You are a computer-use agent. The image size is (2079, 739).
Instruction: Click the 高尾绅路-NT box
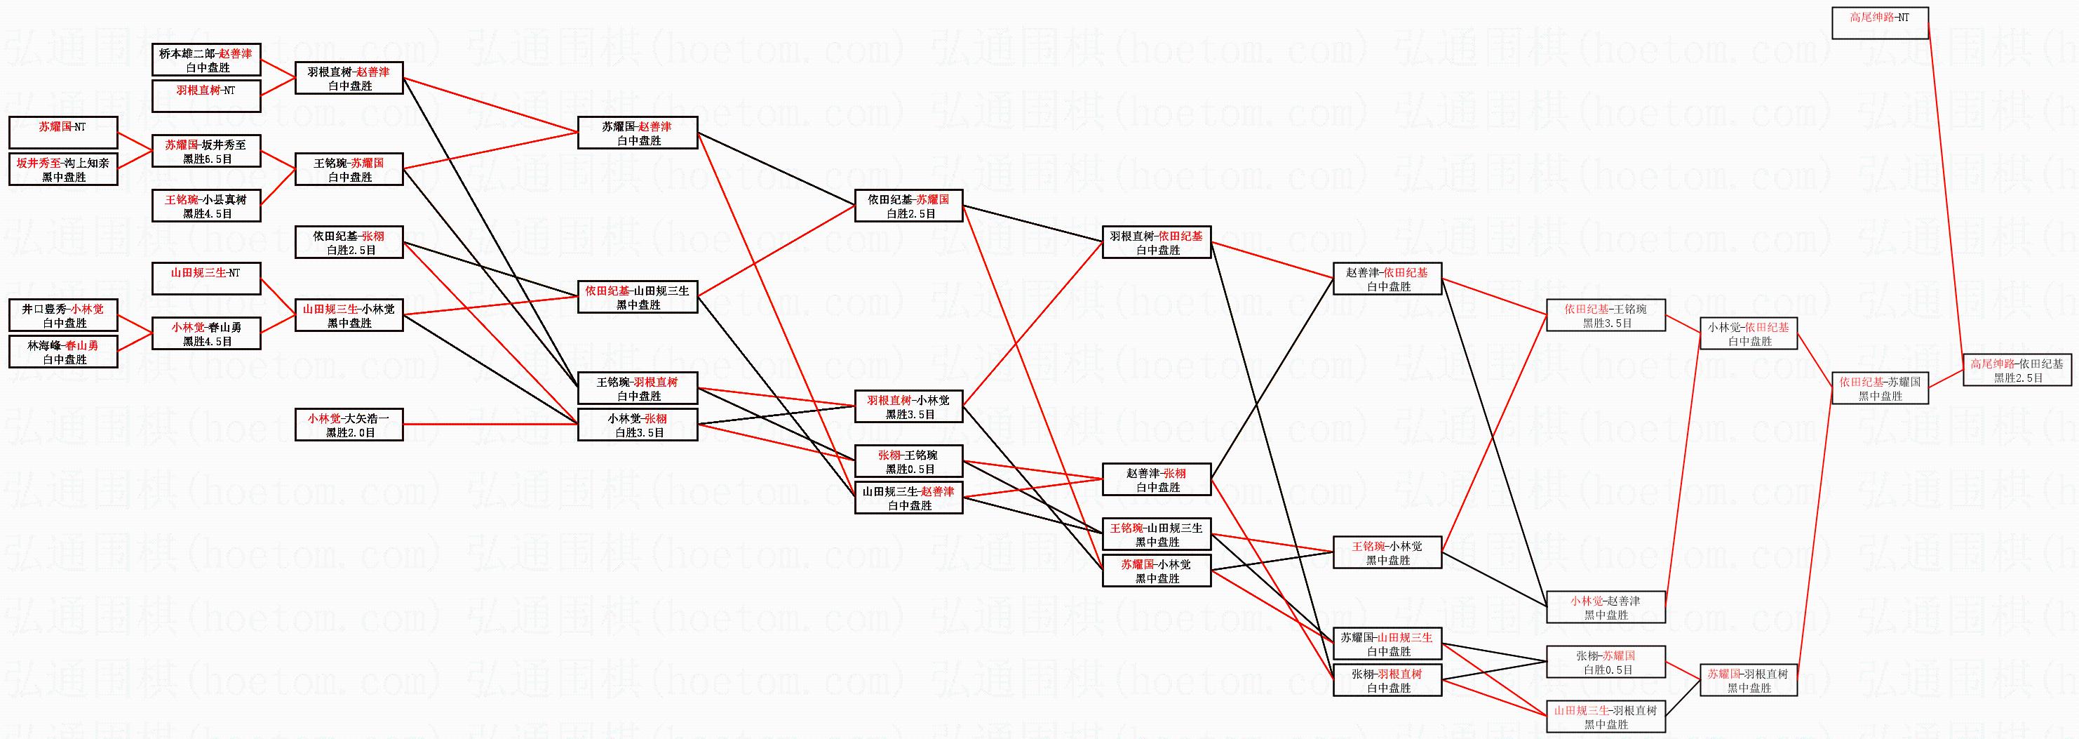[x=1880, y=22]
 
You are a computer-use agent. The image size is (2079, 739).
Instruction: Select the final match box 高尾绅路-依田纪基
[x=2017, y=370]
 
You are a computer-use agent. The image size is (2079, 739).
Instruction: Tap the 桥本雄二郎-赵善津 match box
[x=206, y=60]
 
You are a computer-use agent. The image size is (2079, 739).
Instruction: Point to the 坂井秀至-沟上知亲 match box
[x=64, y=170]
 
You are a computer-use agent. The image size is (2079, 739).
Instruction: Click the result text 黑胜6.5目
[x=208, y=159]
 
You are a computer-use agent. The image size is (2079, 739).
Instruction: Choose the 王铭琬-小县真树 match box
[x=206, y=206]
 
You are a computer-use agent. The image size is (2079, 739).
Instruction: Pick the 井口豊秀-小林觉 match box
[x=64, y=315]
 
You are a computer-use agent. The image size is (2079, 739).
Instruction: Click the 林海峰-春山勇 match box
[x=64, y=352]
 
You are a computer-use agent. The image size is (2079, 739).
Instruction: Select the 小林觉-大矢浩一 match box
[x=349, y=425]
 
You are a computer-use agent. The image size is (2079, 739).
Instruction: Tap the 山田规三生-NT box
[x=206, y=279]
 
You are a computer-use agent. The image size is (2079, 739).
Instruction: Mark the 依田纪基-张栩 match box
[x=349, y=242]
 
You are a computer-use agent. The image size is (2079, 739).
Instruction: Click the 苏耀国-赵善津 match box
[x=638, y=133]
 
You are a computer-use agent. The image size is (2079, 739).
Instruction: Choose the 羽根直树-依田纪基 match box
[x=1157, y=242]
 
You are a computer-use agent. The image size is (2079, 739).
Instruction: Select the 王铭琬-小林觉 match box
[x=1387, y=552]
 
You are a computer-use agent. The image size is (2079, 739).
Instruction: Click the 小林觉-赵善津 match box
[x=1606, y=607]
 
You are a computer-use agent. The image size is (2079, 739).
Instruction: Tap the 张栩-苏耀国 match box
[x=1606, y=663]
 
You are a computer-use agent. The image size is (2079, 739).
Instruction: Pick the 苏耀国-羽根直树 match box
[x=1748, y=680]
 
